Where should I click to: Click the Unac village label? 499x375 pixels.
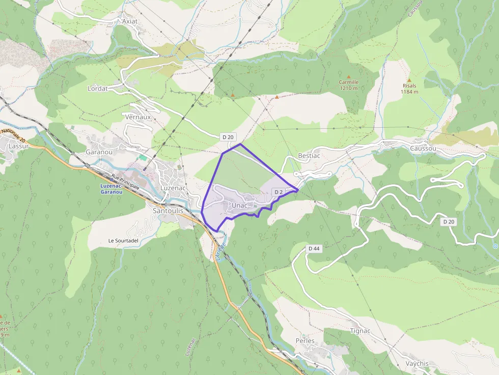[239, 205]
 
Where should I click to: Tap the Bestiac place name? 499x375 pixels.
[309, 155]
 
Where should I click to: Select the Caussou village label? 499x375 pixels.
[423, 148]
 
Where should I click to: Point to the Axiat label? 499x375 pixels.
[130, 21]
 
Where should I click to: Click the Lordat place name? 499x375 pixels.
[98, 88]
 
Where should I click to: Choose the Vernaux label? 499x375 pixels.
[138, 117]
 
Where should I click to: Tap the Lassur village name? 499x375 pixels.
[18, 146]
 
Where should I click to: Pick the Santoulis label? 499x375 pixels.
[168, 210]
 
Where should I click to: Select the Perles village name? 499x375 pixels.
[305, 340]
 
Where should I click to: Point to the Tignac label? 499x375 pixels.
[361, 331]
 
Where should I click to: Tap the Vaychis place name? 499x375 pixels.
[418, 363]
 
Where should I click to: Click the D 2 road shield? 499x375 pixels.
[279, 192]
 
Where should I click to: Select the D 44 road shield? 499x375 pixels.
[314, 248]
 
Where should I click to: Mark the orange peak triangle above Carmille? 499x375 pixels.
[349, 76]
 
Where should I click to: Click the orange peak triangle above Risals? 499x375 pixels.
[409, 80]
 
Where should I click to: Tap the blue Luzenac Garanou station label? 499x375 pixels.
[110, 189]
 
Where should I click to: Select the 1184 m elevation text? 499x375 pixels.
[409, 92]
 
